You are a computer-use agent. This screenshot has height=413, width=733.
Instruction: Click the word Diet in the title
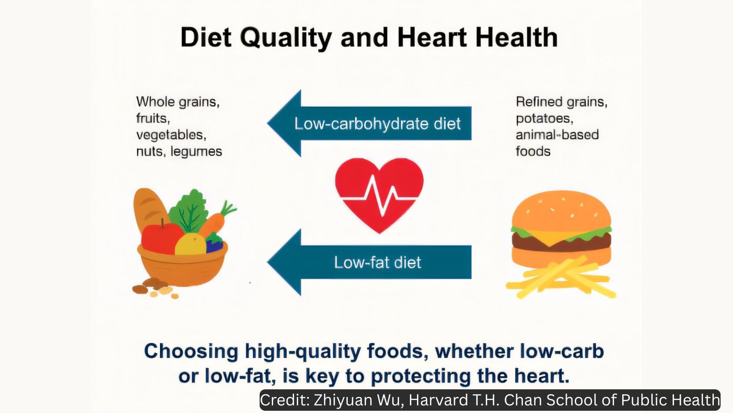pos(206,37)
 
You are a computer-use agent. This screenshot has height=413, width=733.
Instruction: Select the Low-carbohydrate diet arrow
pos(369,123)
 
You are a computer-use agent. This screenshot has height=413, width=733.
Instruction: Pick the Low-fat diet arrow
pos(369,262)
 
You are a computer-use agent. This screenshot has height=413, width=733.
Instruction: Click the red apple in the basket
pos(161,238)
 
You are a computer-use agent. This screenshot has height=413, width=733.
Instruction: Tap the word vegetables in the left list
pos(171,135)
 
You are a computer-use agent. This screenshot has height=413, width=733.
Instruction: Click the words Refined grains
pos(561,102)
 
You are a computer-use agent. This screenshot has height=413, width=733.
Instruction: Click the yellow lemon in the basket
pos(190,244)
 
